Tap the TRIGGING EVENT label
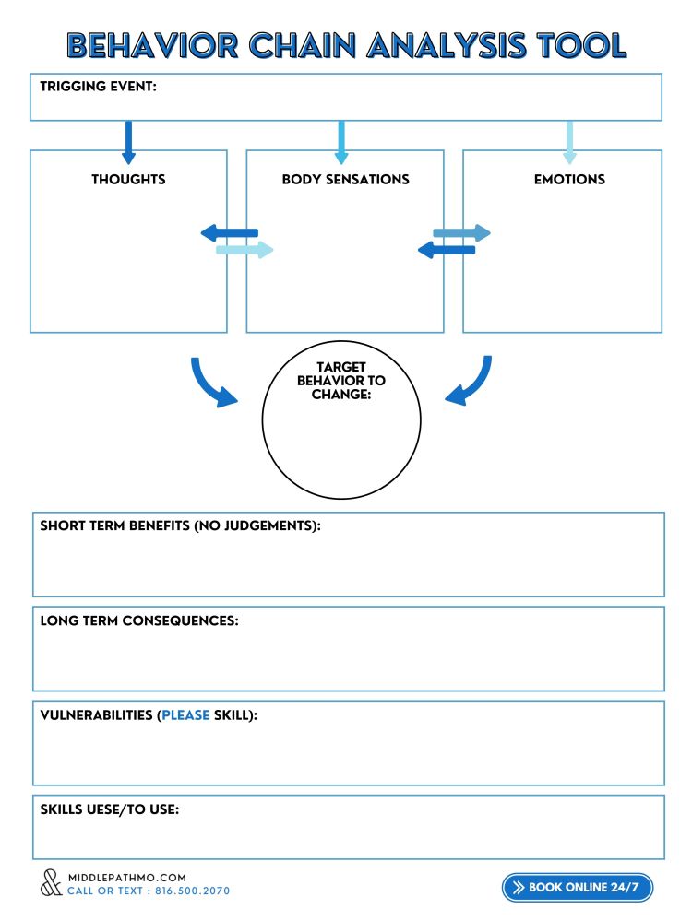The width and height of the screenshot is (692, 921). [98, 87]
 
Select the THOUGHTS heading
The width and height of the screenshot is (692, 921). [128, 179]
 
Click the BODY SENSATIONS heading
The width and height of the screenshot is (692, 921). [345, 179]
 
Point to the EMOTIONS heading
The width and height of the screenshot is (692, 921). [569, 179]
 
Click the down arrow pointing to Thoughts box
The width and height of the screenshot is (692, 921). [128, 142]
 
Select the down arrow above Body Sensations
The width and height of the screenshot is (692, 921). [341, 142]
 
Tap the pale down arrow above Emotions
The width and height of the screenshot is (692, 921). [569, 142]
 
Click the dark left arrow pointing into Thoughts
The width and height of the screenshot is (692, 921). [229, 233]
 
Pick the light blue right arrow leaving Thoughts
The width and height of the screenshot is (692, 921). [245, 250]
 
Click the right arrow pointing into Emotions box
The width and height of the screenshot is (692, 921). [462, 233]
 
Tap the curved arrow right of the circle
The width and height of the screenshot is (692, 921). [470, 381]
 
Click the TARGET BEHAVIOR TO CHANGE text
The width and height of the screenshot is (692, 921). [341, 381]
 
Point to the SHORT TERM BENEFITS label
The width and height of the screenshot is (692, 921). [180, 525]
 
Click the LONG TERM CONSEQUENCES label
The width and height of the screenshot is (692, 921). [139, 620]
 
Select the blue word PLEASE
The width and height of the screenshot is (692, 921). [185, 715]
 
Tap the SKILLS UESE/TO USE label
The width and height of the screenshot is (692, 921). [109, 809]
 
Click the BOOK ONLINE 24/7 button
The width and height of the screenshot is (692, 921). [578, 887]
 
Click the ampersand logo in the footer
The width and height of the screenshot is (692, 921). [51, 883]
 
